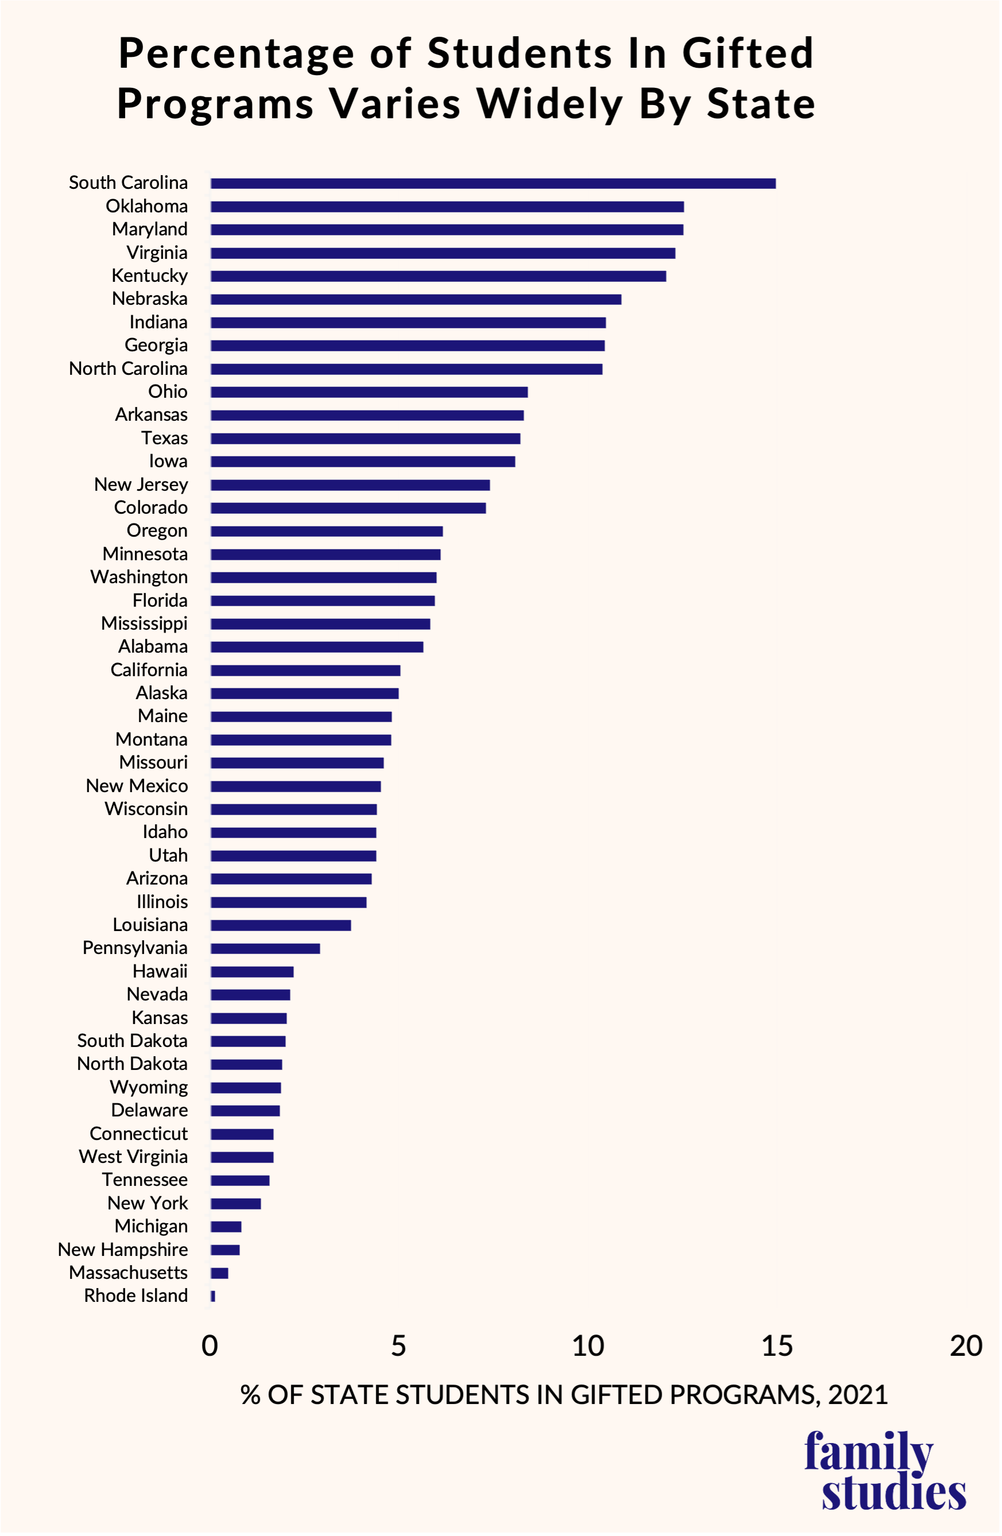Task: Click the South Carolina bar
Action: tap(493, 183)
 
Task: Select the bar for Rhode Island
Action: tap(213, 1296)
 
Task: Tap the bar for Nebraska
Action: tap(415, 300)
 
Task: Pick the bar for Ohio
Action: tap(369, 391)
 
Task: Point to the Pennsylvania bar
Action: tap(265, 948)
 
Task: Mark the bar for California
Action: tap(305, 670)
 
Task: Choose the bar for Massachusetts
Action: tap(219, 1273)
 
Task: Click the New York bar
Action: tap(235, 1204)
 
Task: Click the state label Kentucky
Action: tap(150, 276)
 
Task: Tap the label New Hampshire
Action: tap(123, 1250)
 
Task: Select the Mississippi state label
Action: tap(144, 623)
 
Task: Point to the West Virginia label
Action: tap(133, 1157)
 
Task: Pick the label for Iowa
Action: tap(168, 461)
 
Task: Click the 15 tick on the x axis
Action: tap(777, 1346)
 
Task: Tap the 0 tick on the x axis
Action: tap(209, 1346)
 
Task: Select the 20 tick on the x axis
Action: tap(966, 1346)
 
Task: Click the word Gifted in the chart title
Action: tap(748, 53)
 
